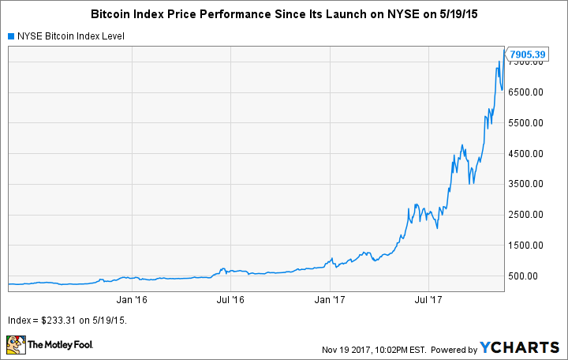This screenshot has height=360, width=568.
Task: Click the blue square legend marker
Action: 11,36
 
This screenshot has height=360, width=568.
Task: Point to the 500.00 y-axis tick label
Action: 526,276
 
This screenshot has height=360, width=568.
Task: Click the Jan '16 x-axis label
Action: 131,300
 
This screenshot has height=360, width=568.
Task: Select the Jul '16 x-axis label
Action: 230,300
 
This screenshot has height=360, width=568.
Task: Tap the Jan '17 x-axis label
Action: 329,300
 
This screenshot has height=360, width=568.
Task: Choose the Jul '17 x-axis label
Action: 428,300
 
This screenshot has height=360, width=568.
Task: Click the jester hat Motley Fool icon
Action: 15,345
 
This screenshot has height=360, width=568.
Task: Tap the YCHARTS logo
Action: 521,347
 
